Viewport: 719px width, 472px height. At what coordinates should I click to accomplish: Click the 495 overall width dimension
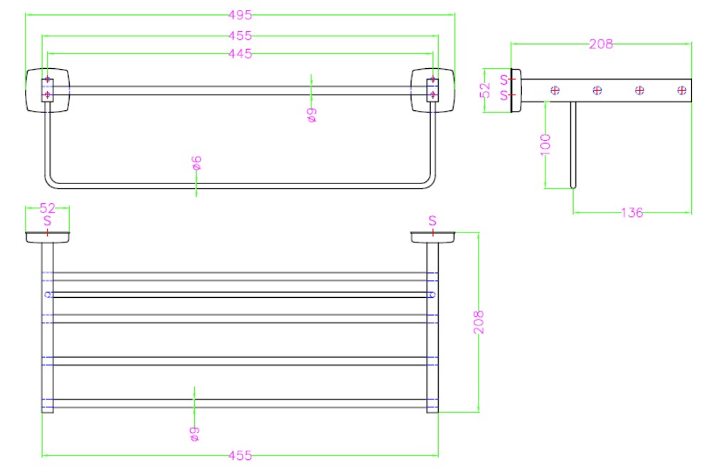240,15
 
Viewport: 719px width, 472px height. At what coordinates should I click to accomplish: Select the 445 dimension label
240,53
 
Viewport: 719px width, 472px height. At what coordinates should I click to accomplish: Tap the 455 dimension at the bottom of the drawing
240,456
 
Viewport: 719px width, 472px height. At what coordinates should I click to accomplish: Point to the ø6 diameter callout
197,163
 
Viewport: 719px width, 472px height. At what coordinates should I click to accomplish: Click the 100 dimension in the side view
545,145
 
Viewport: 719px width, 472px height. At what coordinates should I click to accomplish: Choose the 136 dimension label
632,213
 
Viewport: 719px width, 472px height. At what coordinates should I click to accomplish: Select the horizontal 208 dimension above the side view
601,44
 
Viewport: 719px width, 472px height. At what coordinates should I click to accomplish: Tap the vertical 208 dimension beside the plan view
479,322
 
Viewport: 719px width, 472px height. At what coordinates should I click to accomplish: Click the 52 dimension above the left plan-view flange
47,208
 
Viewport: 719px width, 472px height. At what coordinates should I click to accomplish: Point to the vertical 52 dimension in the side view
485,90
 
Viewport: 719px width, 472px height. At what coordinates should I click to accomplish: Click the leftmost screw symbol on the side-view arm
555,90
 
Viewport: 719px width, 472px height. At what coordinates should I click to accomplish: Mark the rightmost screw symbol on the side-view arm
682,90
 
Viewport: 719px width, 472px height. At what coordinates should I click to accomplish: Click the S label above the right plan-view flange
432,221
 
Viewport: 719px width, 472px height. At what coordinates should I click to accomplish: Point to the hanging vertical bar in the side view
572,145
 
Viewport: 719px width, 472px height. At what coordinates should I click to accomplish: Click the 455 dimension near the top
240,36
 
